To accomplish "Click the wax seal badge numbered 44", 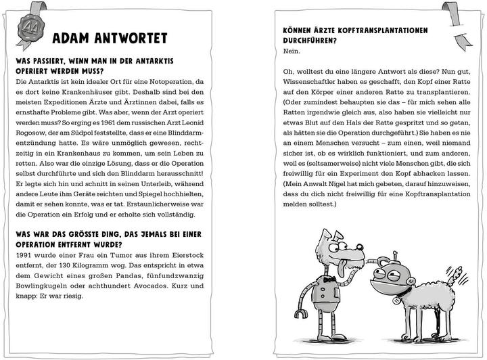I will (x=30, y=28).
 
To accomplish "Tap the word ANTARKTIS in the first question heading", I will (x=169, y=60).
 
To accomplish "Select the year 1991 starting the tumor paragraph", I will (x=24, y=254).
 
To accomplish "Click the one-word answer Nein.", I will (x=292, y=51).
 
